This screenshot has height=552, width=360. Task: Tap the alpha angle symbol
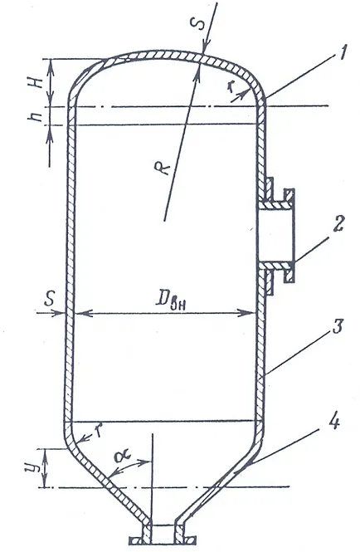click(x=123, y=457)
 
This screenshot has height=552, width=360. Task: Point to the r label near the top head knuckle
click(x=230, y=87)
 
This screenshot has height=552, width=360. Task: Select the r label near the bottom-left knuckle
click(x=100, y=430)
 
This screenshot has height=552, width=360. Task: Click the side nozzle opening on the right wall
click(x=275, y=234)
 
